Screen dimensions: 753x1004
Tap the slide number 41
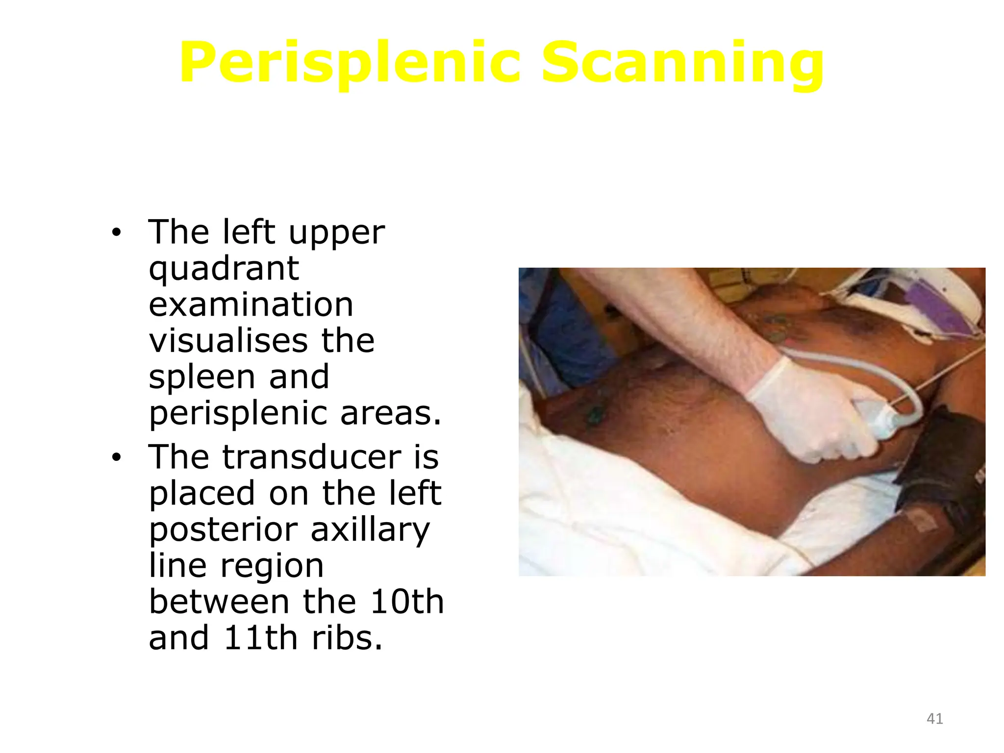[934, 719]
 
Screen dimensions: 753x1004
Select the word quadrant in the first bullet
[224, 269]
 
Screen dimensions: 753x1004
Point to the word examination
[251, 304]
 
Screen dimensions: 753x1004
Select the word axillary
[371, 530]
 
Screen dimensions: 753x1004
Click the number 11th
[260, 638]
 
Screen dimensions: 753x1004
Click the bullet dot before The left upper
[116, 233]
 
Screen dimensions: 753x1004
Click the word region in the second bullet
[272, 566]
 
